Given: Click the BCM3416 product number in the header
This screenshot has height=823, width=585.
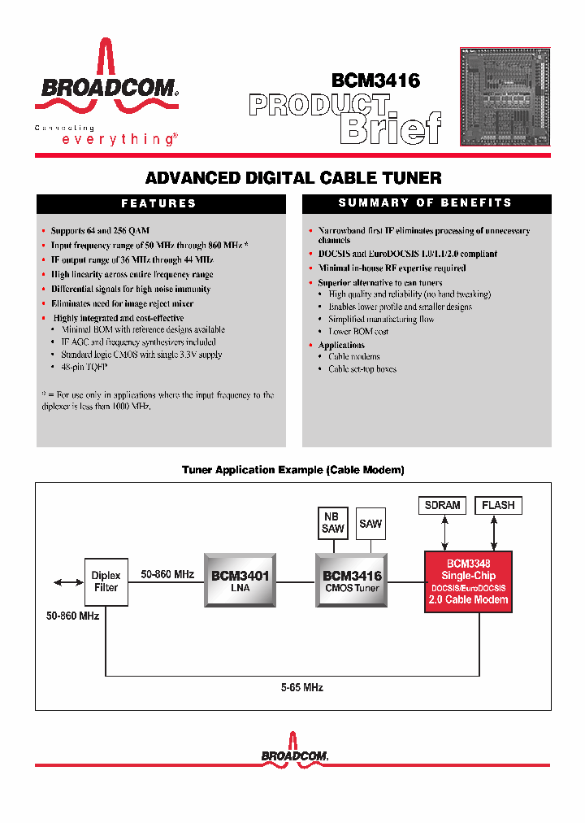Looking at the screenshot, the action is (x=375, y=81).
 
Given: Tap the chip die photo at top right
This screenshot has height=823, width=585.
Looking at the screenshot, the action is (x=505, y=97).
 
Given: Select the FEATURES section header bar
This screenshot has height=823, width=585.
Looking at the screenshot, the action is (x=160, y=203).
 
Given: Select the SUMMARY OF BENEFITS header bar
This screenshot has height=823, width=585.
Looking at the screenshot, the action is (x=426, y=203).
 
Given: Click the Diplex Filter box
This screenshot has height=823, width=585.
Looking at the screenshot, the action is (x=106, y=581).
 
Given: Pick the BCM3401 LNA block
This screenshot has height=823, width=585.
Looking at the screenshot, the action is (x=240, y=580).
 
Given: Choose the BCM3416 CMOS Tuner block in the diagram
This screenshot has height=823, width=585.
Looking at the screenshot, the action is (x=352, y=580).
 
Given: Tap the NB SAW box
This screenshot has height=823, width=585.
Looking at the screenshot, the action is (x=332, y=523).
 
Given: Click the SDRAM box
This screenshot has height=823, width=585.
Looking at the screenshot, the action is (x=442, y=505).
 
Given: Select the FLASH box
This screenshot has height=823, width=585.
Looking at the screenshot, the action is (x=498, y=505).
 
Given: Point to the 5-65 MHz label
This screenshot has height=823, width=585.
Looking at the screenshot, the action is (x=301, y=688).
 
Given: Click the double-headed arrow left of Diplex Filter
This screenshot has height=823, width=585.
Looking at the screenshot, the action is (x=64, y=581).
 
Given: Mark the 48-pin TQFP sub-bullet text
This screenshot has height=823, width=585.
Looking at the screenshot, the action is (x=84, y=368).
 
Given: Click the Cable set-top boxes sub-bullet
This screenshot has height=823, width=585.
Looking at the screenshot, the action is (x=362, y=369).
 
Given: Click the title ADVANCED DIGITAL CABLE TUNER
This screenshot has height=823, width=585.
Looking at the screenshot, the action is (x=293, y=178).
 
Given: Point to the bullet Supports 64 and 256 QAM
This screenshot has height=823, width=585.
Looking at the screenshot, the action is (x=100, y=231).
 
